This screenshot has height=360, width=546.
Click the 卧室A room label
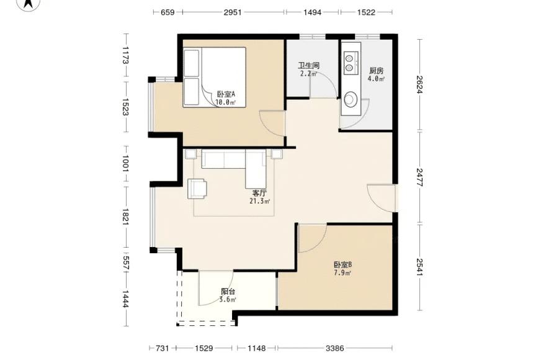(226, 94)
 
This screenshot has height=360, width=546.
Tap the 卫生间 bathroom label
(308, 65)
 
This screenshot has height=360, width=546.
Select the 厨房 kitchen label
(376, 71)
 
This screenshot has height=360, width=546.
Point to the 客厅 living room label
(259, 193)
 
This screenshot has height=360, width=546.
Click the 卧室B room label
(342, 265)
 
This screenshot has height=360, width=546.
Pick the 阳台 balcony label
(228, 291)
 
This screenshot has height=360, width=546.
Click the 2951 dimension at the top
(233, 12)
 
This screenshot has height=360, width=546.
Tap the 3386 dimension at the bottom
(335, 348)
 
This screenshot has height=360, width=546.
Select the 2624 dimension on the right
(419, 84)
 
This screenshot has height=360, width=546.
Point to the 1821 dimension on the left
(126, 217)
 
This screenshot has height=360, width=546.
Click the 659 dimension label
(168, 12)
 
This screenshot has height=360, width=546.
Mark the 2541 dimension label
(419, 268)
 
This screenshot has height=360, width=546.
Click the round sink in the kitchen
(351, 99)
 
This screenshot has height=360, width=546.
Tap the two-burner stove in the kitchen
(351, 63)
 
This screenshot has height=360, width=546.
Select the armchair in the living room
(197, 189)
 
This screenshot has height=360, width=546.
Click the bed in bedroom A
(215, 77)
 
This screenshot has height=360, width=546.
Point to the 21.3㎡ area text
(260, 201)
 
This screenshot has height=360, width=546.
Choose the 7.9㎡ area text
(342, 273)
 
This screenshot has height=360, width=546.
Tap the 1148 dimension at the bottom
(257, 348)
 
